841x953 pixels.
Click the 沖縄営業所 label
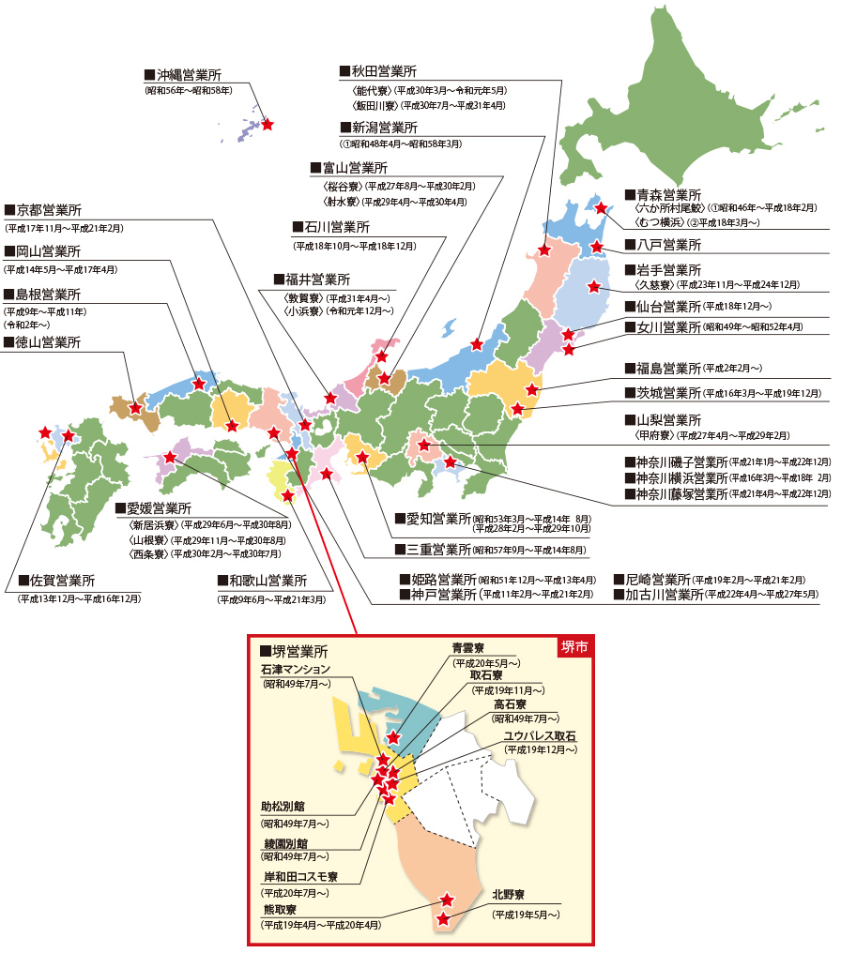point(189,74)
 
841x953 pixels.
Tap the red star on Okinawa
point(268,124)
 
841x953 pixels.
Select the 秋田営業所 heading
point(384,71)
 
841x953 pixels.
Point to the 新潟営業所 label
point(384,128)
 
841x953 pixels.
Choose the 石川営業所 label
point(336,227)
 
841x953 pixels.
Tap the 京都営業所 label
point(48,209)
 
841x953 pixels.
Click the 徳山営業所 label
point(48,342)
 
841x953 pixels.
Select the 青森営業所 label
point(667,195)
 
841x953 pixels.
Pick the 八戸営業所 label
point(667,245)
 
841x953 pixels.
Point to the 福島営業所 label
point(667,368)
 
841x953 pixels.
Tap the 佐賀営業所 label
point(61,580)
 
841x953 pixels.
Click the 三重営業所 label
point(437,549)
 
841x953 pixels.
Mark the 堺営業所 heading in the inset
point(299,651)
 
